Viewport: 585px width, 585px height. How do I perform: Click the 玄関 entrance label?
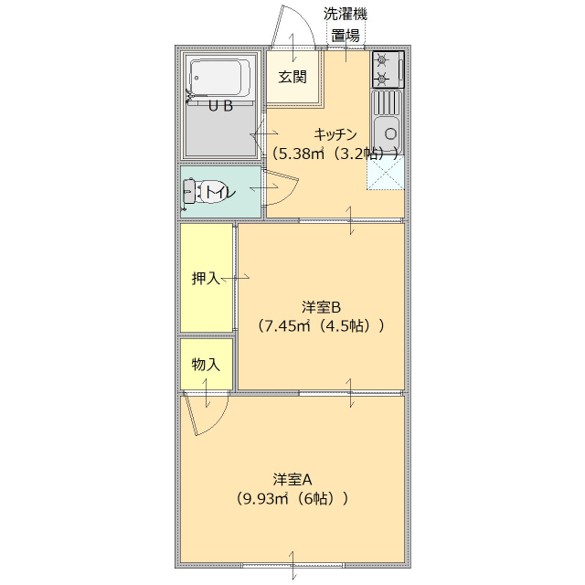click(x=292, y=77)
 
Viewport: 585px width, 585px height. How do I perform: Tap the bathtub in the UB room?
click(x=218, y=80)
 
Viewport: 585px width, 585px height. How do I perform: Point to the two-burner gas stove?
click(x=387, y=69)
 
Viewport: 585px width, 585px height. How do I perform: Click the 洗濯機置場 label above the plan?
click(x=346, y=25)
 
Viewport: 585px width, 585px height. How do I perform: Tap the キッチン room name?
click(x=335, y=133)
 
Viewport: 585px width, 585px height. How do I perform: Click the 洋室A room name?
click(x=292, y=479)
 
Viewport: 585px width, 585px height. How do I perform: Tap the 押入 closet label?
click(x=206, y=278)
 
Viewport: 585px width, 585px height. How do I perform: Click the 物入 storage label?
click(x=206, y=364)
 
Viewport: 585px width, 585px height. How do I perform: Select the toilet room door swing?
click(x=285, y=189)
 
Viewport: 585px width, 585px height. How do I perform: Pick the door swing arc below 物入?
click(x=203, y=416)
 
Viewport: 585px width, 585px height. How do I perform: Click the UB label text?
click(x=220, y=106)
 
